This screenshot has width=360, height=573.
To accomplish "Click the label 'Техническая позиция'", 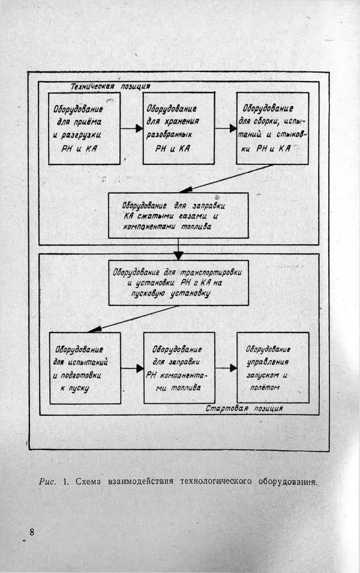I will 110,86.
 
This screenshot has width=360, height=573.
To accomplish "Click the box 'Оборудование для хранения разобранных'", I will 178,128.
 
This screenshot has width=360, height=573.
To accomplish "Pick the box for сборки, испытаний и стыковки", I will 272,128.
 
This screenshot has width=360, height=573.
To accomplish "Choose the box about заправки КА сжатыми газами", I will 178,215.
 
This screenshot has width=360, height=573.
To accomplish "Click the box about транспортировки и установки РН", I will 178,283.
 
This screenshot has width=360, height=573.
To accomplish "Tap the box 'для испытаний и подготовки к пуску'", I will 84,367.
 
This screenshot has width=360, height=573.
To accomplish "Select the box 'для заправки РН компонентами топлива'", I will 179,367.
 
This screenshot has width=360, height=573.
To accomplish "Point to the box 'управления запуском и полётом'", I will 273,367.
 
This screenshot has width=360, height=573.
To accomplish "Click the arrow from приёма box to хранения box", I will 131,128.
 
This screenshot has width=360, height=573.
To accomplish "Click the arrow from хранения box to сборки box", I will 226,128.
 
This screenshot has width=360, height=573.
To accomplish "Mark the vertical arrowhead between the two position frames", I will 178,255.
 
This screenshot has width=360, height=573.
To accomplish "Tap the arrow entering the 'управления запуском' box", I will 226,368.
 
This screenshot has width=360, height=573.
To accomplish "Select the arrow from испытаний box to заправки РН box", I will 132,368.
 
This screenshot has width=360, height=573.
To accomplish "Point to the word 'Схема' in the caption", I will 89,481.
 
